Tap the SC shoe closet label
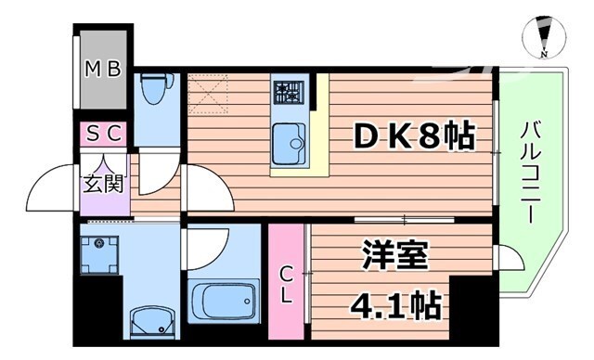(x=104, y=134)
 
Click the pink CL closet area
(x=289, y=278)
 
